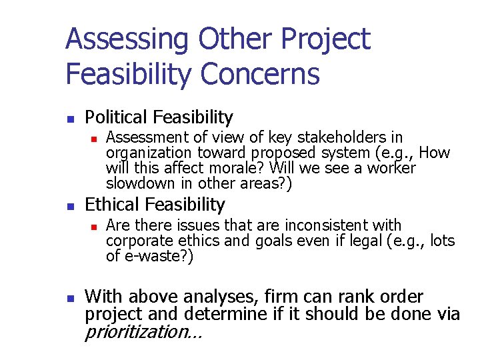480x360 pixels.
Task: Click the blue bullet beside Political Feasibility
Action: pyautogui.click(x=70, y=119)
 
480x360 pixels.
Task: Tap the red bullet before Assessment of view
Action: pyautogui.click(x=95, y=139)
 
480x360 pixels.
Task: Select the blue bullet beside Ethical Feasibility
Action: pyautogui.click(x=70, y=205)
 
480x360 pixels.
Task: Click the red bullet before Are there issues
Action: pyautogui.click(x=95, y=227)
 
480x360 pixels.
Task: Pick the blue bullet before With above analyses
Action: pyautogui.click(x=70, y=297)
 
